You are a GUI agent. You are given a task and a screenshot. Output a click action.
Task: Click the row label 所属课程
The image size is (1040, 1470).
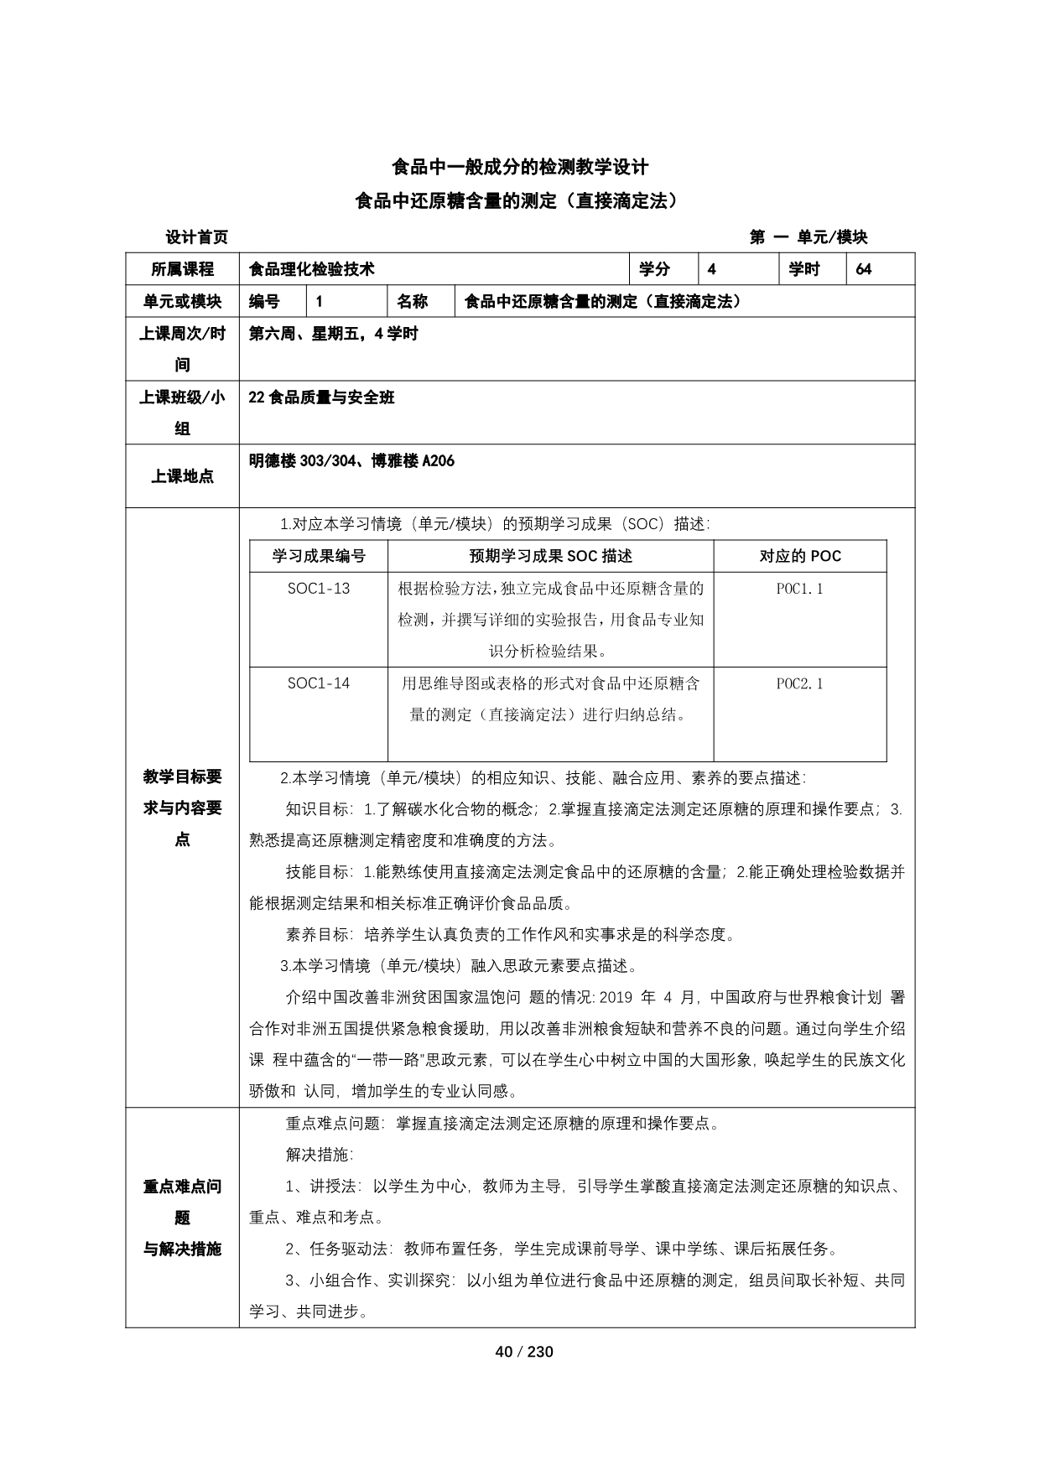[182, 269]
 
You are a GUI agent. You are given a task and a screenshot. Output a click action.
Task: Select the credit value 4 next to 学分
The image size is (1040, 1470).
[712, 269]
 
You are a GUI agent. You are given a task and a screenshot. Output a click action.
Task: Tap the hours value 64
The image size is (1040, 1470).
[864, 269]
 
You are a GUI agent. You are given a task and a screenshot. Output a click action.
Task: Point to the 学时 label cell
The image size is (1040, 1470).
[804, 269]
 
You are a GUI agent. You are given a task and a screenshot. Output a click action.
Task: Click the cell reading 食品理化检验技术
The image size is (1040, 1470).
[312, 269]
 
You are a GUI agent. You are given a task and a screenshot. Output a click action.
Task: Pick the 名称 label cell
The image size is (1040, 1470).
[413, 302]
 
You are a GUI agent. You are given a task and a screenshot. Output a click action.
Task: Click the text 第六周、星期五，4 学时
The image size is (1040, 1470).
[334, 334]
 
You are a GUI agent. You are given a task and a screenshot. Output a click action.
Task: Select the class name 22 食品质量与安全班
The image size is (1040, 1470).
[322, 397]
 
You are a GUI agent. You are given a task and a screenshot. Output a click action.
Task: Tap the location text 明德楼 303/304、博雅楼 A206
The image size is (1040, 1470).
[352, 461]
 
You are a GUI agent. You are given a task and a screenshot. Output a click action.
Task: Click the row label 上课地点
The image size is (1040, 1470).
[182, 476]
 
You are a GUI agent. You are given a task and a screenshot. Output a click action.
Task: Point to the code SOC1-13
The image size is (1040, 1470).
[319, 589]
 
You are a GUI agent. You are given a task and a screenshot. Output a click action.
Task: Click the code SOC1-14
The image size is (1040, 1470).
[319, 683]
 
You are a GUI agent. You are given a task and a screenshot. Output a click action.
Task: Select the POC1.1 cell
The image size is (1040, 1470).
[799, 589]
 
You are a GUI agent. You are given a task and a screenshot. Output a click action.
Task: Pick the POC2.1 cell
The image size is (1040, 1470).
[799, 683]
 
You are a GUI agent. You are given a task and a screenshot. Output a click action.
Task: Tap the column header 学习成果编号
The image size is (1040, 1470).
[319, 556]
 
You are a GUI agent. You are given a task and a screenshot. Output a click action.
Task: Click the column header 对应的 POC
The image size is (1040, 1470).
[799, 556]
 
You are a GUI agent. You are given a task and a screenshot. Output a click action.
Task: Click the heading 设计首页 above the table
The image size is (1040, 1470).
[196, 237]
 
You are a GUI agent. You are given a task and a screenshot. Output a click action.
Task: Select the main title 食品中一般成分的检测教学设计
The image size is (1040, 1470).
[520, 167]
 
